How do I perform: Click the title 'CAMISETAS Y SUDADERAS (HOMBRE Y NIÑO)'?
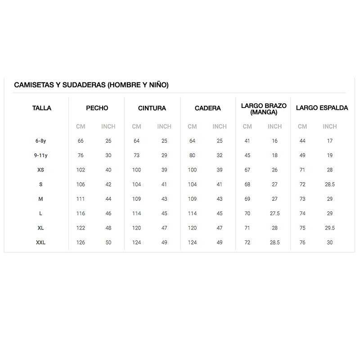(x=91, y=85)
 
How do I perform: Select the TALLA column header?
(x=42, y=108)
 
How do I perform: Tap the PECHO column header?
(x=97, y=108)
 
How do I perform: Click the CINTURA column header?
(x=152, y=108)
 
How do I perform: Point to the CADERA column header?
(x=208, y=108)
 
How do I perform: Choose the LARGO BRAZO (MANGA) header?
(x=264, y=109)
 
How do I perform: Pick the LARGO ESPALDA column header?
(x=322, y=108)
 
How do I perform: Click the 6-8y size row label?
(x=41, y=141)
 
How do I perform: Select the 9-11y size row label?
(x=41, y=155)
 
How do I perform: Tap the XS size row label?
(x=41, y=170)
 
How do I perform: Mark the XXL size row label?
(x=41, y=243)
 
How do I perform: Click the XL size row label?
(x=41, y=228)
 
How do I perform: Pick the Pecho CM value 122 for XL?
(x=81, y=228)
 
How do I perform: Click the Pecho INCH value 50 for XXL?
(x=108, y=243)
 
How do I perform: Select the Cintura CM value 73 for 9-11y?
(x=136, y=155)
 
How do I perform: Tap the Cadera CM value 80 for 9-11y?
(x=192, y=155)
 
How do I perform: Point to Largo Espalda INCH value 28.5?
(x=330, y=184)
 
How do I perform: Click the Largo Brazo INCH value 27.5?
(x=274, y=214)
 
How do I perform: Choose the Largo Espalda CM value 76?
(x=302, y=243)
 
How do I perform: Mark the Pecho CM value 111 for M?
(x=81, y=199)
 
